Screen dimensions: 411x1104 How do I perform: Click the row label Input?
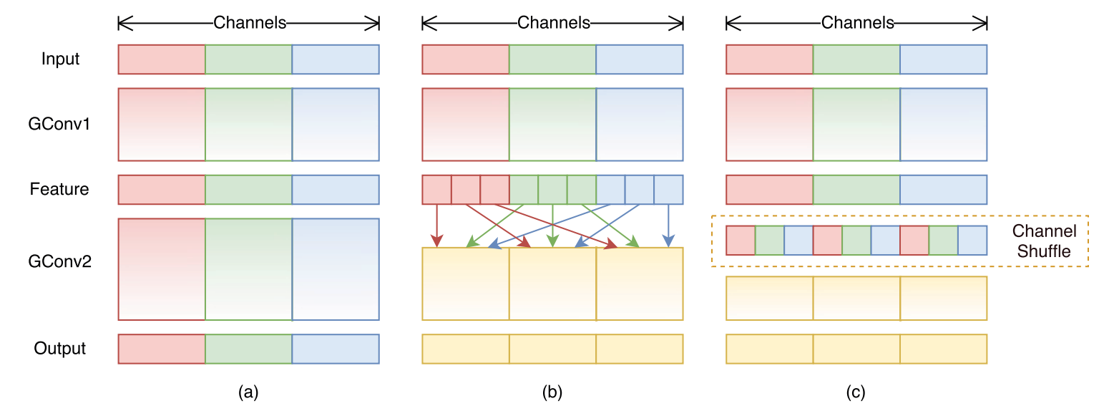coord(60,59)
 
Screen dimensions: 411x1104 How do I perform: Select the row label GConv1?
coord(59,124)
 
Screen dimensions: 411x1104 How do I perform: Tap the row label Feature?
coord(59,189)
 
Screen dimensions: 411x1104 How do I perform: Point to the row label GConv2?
coord(59,262)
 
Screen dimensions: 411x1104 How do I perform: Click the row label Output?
coord(60,349)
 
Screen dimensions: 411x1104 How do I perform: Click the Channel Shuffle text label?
coord(1043,241)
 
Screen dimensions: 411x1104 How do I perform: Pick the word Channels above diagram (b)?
coord(554,23)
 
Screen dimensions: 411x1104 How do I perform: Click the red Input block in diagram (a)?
coord(162,59)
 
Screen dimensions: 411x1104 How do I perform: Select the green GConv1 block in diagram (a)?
coord(248,124)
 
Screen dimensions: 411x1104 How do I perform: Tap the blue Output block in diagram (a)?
coord(336,349)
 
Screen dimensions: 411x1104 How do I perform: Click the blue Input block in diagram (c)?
coord(943,59)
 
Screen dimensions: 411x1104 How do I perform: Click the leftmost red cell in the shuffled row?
coord(741,241)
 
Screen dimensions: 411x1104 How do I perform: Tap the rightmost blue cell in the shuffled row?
coord(972,241)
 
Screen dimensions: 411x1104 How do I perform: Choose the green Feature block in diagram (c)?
coord(856,190)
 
